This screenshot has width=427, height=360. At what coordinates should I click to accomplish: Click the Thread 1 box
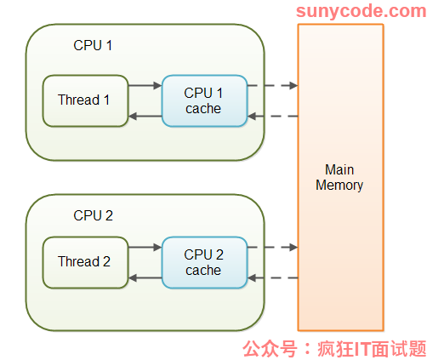[85, 100]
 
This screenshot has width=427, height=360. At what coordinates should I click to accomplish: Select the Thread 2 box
[85, 262]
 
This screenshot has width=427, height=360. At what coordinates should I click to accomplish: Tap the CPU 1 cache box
[204, 100]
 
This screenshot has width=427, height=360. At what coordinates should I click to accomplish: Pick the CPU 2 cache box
[204, 262]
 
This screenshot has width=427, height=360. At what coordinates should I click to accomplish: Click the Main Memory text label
[339, 177]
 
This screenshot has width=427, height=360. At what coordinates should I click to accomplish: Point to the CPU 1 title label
[93, 45]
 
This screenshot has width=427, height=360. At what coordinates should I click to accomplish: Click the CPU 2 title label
[93, 215]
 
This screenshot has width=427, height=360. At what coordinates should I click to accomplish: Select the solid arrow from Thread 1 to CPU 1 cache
[145, 85]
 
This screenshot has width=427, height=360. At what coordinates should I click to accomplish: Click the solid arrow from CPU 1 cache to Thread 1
[145, 116]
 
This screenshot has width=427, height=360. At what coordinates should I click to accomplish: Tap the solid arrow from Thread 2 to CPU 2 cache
[145, 247]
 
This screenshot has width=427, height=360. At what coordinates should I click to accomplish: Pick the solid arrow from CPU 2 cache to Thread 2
[145, 277]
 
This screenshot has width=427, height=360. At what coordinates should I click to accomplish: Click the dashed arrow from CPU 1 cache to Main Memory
[272, 85]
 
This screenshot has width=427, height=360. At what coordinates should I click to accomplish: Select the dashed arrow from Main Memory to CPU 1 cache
[272, 116]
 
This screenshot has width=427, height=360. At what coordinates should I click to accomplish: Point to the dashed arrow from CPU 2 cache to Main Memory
[272, 247]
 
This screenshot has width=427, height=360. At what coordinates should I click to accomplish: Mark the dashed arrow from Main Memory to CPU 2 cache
[272, 277]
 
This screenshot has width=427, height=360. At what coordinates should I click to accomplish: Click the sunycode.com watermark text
[362, 11]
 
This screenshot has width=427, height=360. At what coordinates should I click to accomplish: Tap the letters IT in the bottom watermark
[362, 349]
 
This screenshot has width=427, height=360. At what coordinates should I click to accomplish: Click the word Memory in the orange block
[339, 186]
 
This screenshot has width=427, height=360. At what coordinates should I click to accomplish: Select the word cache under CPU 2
[203, 271]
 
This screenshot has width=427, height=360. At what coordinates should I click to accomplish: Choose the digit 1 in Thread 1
[106, 100]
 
